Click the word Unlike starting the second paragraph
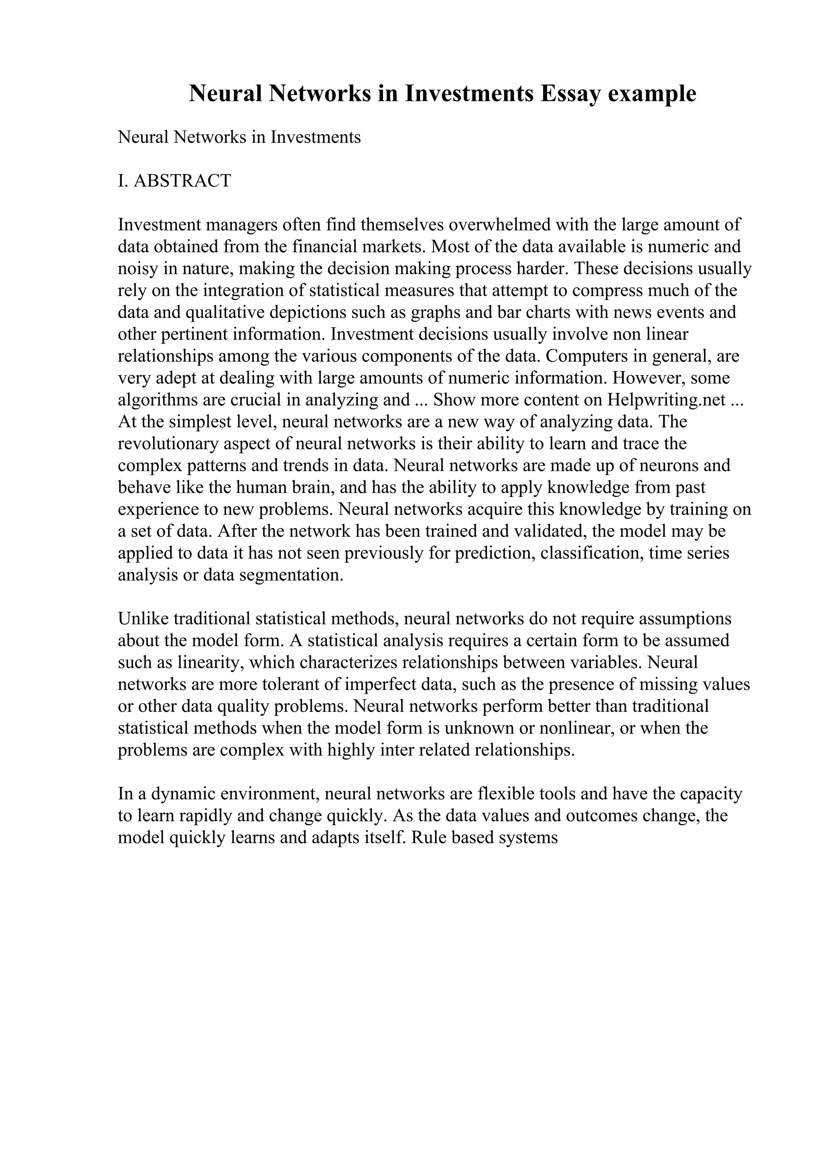(x=143, y=619)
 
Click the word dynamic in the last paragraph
(x=181, y=794)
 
